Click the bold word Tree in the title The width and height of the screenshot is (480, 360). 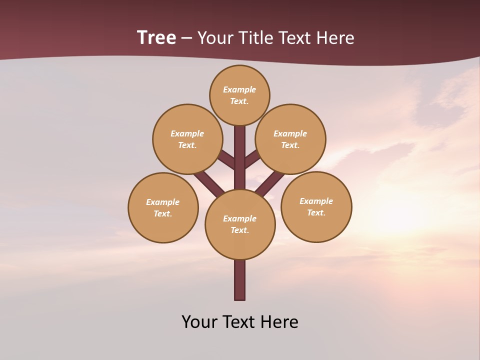156,37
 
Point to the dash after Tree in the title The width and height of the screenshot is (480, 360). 186,38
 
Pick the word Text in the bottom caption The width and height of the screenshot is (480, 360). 239,322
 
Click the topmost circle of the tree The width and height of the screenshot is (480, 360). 239,95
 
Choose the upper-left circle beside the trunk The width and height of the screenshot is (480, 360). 187,139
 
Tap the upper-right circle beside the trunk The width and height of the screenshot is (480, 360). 290,139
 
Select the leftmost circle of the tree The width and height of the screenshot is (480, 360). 163,207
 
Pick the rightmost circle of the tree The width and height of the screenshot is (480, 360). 316,206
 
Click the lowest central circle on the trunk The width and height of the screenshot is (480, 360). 240,224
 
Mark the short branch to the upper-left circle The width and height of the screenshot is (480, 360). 227,159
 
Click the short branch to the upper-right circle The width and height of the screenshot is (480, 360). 252,159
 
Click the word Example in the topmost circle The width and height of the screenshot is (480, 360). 239,89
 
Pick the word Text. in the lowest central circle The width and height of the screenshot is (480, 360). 239,230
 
